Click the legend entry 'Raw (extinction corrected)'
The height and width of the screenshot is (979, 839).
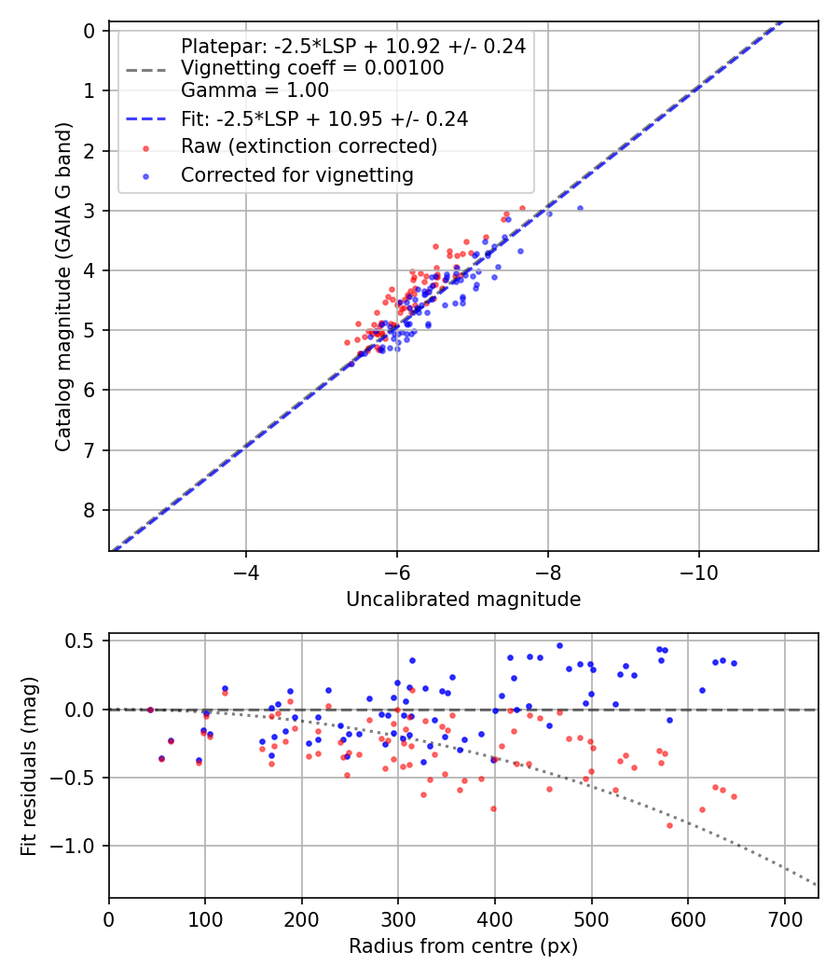[x=309, y=146]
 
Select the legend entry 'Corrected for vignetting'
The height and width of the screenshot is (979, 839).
[x=296, y=174]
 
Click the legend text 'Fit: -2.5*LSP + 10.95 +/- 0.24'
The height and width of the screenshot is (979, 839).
[x=324, y=119]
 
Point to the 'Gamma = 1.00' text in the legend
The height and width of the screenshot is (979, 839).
[x=254, y=90]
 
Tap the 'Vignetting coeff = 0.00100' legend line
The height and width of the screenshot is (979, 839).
[x=312, y=68]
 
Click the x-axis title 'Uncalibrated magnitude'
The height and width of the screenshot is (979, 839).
[x=463, y=600]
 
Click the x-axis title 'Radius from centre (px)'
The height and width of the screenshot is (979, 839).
[x=463, y=946]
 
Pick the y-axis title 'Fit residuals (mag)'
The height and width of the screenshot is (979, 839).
[x=29, y=766]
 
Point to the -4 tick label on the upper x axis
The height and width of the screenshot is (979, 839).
[x=245, y=570]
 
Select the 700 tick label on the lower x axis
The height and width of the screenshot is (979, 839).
[x=784, y=917]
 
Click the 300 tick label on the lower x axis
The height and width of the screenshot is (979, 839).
[x=398, y=917]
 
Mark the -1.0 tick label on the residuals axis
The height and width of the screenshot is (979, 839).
[x=76, y=846]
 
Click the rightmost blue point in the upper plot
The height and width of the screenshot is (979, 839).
[x=580, y=208]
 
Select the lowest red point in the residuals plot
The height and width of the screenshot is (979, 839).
[x=669, y=825]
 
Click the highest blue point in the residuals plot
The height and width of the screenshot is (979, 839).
[x=559, y=645]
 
